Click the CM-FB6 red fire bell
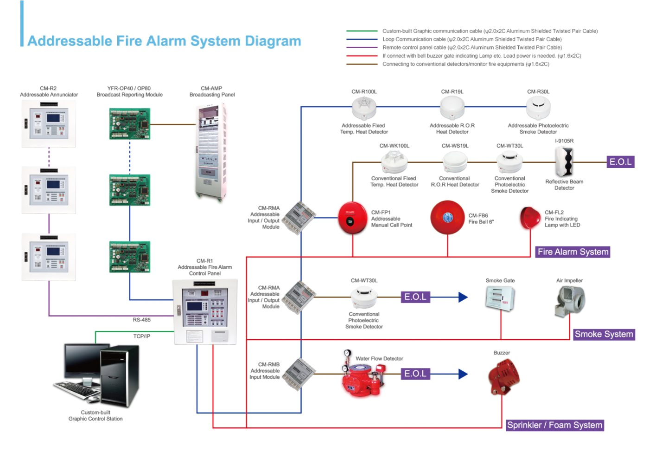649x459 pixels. tap(447, 218)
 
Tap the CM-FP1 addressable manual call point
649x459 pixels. tap(352, 218)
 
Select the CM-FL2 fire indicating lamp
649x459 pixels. tap(530, 218)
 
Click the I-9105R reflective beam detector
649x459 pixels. tap(564, 162)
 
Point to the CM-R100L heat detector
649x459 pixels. tap(364, 108)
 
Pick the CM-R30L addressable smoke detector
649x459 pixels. tap(538, 108)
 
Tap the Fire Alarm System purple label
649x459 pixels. tap(573, 252)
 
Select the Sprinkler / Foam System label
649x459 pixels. tap(554, 425)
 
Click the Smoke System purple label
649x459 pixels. tap(604, 334)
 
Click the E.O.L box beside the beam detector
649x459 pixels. tap(620, 162)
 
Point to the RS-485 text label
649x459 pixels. tap(141, 320)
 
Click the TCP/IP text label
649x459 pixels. tap(141, 336)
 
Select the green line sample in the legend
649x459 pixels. tap(362, 31)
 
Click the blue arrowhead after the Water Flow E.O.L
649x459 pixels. tap(463, 374)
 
